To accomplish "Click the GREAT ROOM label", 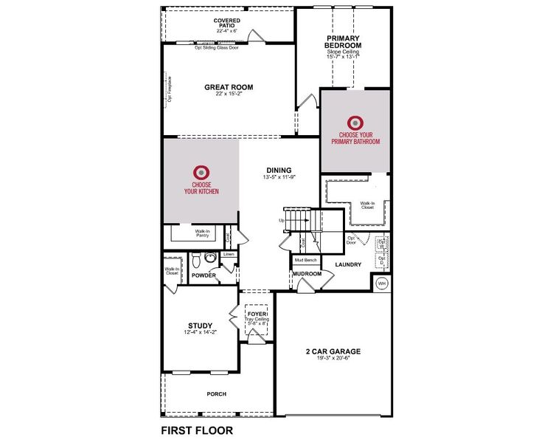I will (229, 87).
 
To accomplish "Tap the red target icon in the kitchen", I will (201, 172).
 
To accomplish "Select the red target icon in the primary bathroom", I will (355, 122).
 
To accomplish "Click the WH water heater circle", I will (382, 283).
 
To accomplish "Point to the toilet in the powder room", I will (197, 261).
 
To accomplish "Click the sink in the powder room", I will (210, 258).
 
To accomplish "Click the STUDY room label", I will (200, 326).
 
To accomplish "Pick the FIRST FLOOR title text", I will (197, 430).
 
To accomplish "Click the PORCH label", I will (217, 394).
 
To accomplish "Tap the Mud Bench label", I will (307, 260).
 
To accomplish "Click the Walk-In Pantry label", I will (203, 233).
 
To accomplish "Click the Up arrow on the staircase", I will (282, 220).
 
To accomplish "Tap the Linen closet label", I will (229, 254).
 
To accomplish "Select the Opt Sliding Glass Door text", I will (217, 47).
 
